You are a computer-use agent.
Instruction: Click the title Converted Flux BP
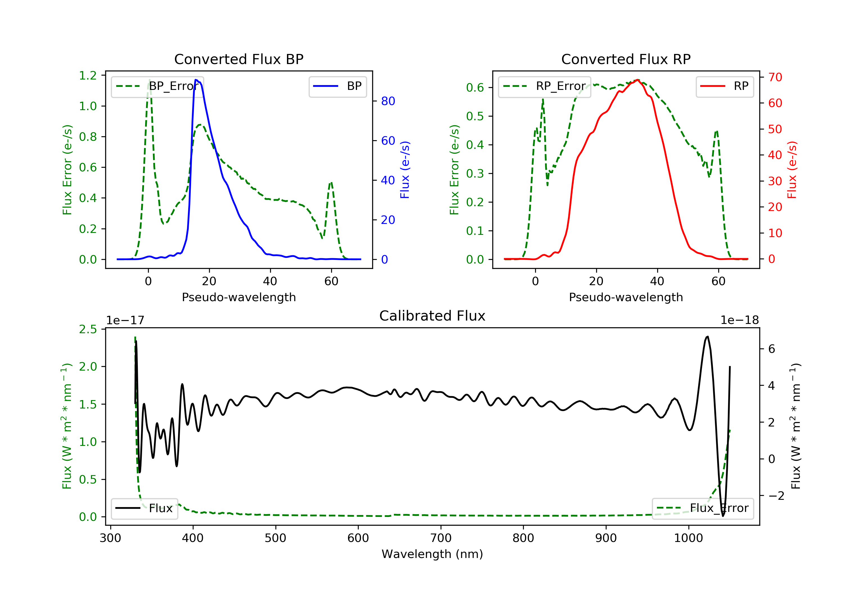coord(239,59)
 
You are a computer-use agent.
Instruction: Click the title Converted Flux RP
coord(626,59)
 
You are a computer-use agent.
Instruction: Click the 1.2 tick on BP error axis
coord(88,76)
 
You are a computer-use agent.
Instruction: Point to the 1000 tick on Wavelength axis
coord(688,538)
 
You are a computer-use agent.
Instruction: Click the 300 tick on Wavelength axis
coord(110,538)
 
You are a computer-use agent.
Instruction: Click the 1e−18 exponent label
coord(739,321)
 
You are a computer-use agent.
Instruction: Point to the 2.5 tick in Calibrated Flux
coord(88,329)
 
